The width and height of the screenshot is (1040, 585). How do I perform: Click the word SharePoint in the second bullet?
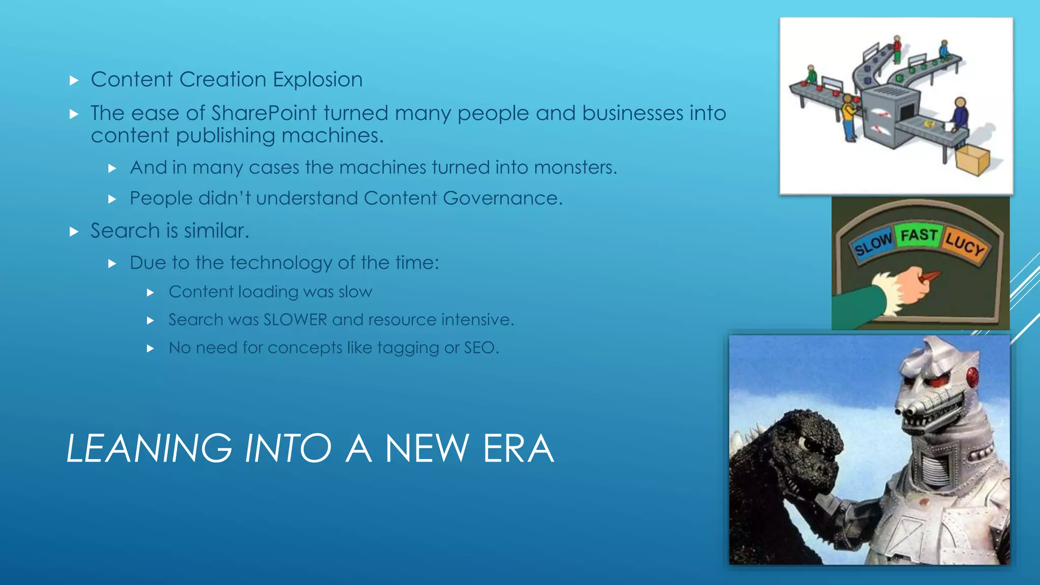click(264, 113)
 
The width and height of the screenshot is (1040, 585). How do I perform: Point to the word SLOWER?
click(295, 320)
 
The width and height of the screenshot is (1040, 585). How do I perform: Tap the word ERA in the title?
click(518, 449)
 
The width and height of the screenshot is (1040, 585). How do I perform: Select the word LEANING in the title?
click(149, 449)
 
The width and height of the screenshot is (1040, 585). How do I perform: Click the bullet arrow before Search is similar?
click(74, 232)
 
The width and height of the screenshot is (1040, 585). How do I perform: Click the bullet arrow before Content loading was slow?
click(150, 292)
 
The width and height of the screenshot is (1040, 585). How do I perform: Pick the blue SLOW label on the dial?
click(873, 244)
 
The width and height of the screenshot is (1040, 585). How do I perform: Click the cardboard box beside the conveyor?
click(972, 159)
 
